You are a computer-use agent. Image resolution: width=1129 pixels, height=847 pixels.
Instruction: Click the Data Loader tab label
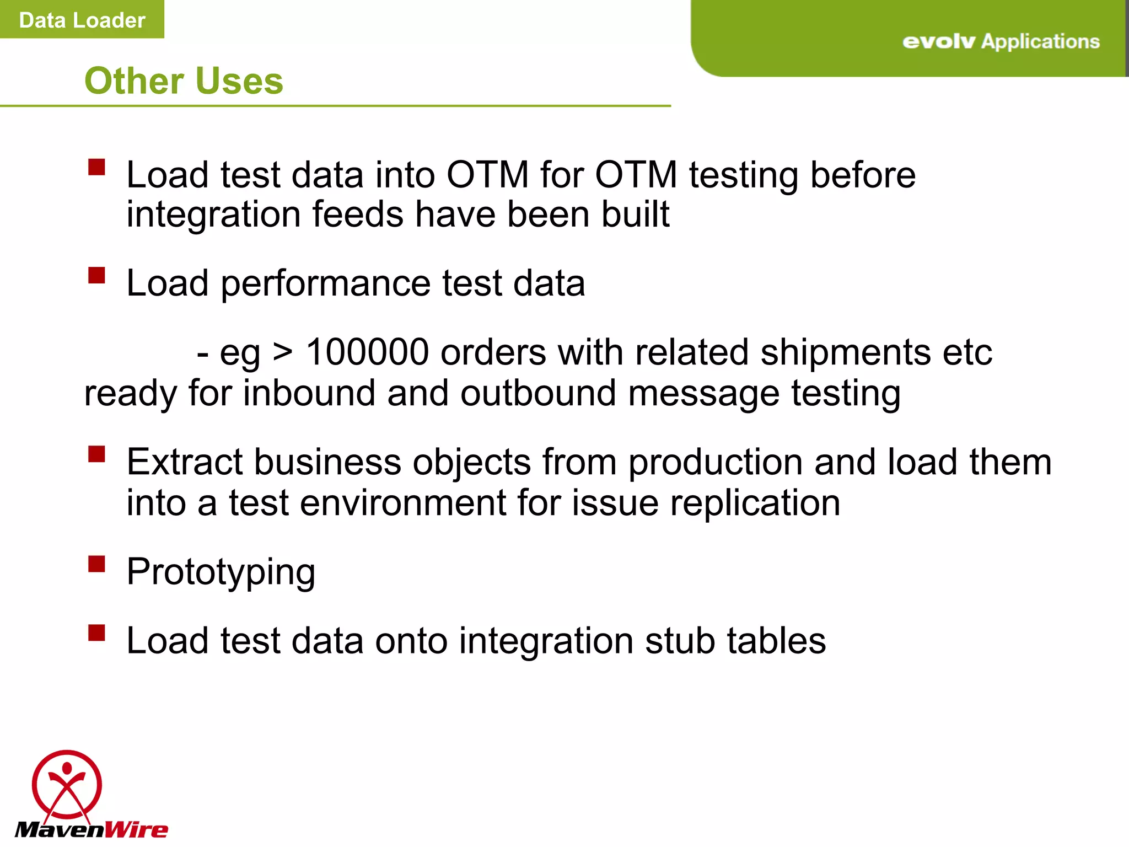pyautogui.click(x=82, y=20)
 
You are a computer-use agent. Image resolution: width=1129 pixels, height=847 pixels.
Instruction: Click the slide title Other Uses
pyautogui.click(x=184, y=81)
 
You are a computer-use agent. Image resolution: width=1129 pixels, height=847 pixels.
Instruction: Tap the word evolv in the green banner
pyautogui.click(x=938, y=42)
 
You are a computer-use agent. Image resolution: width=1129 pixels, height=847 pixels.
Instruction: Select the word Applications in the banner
pyautogui.click(x=1040, y=41)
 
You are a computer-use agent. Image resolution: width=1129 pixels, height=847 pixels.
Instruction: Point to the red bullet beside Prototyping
pyautogui.click(x=96, y=564)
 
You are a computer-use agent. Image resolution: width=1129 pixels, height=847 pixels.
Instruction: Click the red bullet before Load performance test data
pyautogui.click(x=96, y=275)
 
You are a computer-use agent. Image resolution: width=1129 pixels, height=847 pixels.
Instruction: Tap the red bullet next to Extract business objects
pyautogui.click(x=96, y=454)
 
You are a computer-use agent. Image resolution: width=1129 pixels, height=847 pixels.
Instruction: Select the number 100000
pyautogui.click(x=367, y=352)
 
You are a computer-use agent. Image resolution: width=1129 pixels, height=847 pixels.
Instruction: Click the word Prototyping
pyautogui.click(x=221, y=572)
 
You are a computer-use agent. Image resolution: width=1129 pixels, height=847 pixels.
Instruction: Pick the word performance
pyautogui.click(x=325, y=283)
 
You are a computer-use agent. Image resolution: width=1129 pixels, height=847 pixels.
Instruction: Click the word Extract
pyautogui.click(x=184, y=462)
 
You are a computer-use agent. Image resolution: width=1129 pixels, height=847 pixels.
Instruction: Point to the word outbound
pyautogui.click(x=537, y=393)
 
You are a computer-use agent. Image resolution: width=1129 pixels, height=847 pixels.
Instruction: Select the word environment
pyautogui.click(x=402, y=503)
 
